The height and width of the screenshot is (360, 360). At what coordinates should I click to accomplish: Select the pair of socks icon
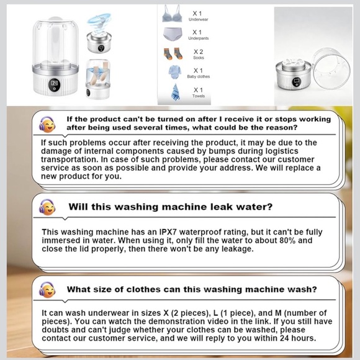pos(174,53)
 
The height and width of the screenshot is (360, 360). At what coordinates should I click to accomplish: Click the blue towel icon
pos(176,92)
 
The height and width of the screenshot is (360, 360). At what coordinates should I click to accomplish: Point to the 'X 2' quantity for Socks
pos(197,51)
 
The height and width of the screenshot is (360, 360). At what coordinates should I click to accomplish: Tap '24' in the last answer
pos(281,338)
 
